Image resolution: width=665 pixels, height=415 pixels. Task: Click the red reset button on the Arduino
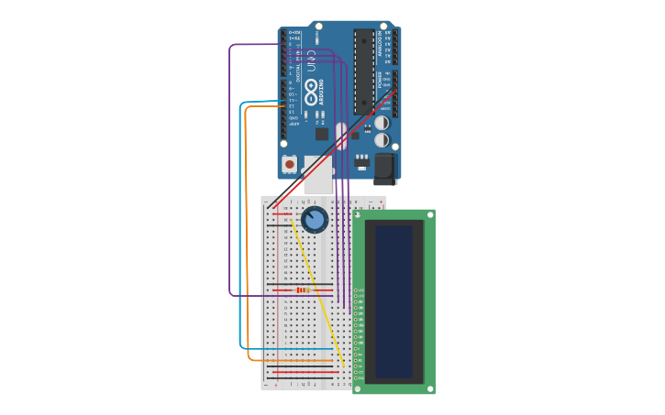tap(290, 165)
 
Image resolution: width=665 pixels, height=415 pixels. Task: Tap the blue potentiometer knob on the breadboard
tap(315, 220)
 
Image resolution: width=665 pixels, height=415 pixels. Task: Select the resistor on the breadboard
tap(303, 290)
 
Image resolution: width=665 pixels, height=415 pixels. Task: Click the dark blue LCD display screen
tap(393, 301)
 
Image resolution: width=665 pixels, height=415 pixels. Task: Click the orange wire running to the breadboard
tap(247, 229)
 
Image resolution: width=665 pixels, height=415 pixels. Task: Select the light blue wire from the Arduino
tap(240, 229)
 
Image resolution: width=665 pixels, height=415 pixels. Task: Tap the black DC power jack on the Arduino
tap(384, 168)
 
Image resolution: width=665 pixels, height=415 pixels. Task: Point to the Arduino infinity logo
tap(311, 91)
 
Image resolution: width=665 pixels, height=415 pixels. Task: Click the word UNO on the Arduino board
tap(310, 61)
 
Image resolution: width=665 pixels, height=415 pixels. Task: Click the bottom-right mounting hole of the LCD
tap(430, 388)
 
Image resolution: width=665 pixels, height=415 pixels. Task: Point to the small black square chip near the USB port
tap(322, 134)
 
